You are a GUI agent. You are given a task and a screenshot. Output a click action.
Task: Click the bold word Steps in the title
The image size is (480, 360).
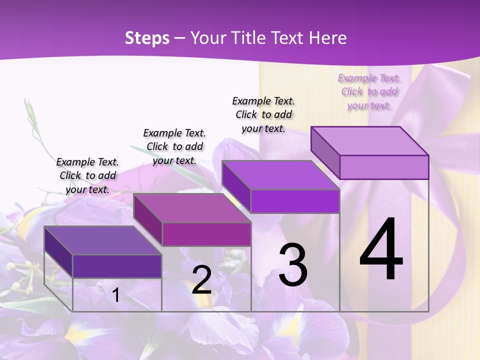click(147, 38)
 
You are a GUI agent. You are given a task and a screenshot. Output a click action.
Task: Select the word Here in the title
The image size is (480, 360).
click(328, 38)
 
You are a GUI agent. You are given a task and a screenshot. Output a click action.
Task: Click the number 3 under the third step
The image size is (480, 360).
click(293, 265)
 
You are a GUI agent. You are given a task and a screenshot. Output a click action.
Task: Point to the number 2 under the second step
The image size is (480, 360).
click(201, 280)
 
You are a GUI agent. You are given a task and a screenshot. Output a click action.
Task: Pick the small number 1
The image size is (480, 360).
click(116, 295)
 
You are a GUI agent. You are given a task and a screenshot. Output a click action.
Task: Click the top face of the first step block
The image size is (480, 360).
click(102, 240)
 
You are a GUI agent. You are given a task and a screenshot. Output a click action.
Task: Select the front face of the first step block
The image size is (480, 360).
click(117, 266)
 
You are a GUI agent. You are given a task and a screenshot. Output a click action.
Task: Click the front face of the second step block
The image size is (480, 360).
click(206, 234)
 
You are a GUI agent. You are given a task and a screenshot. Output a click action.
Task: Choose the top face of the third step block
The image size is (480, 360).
click(280, 175)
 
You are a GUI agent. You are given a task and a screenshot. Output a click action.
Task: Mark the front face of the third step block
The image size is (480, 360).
click(295, 201)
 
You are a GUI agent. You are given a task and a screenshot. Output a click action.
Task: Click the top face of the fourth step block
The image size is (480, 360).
click(369, 141)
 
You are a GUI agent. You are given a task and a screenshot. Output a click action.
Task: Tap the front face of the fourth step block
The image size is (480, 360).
click(384, 167)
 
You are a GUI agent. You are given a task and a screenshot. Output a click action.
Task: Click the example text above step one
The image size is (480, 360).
click(87, 175)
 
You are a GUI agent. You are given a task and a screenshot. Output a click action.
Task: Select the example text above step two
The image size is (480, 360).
click(174, 146)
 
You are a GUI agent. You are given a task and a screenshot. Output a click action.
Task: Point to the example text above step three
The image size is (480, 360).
click(263, 114)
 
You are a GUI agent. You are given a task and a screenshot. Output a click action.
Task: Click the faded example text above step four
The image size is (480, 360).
click(369, 91)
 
